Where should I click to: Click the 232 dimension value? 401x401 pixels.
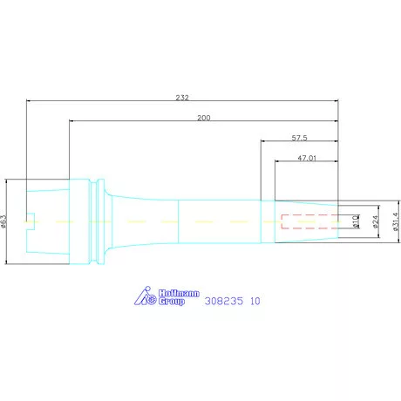pyautogui.click(x=182, y=98)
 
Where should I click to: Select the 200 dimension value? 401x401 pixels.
pyautogui.click(x=204, y=118)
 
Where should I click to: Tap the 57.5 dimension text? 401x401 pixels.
pyautogui.click(x=299, y=138)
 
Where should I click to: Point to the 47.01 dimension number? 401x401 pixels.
pyautogui.click(x=307, y=158)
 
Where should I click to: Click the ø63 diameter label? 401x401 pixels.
pyautogui.click(x=3, y=221)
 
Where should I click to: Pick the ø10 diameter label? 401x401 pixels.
pyautogui.click(x=356, y=221)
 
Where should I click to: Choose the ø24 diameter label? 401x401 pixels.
pyautogui.click(x=375, y=221)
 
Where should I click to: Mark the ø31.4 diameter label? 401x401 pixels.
pyautogui.click(x=396, y=221)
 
